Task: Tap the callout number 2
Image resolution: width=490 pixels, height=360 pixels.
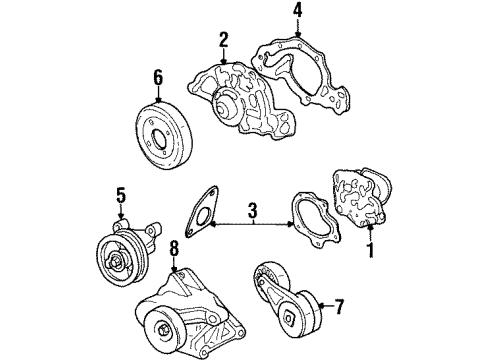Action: pyautogui.click(x=224, y=40)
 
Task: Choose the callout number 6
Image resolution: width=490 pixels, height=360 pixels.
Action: pyautogui.click(x=158, y=77)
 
